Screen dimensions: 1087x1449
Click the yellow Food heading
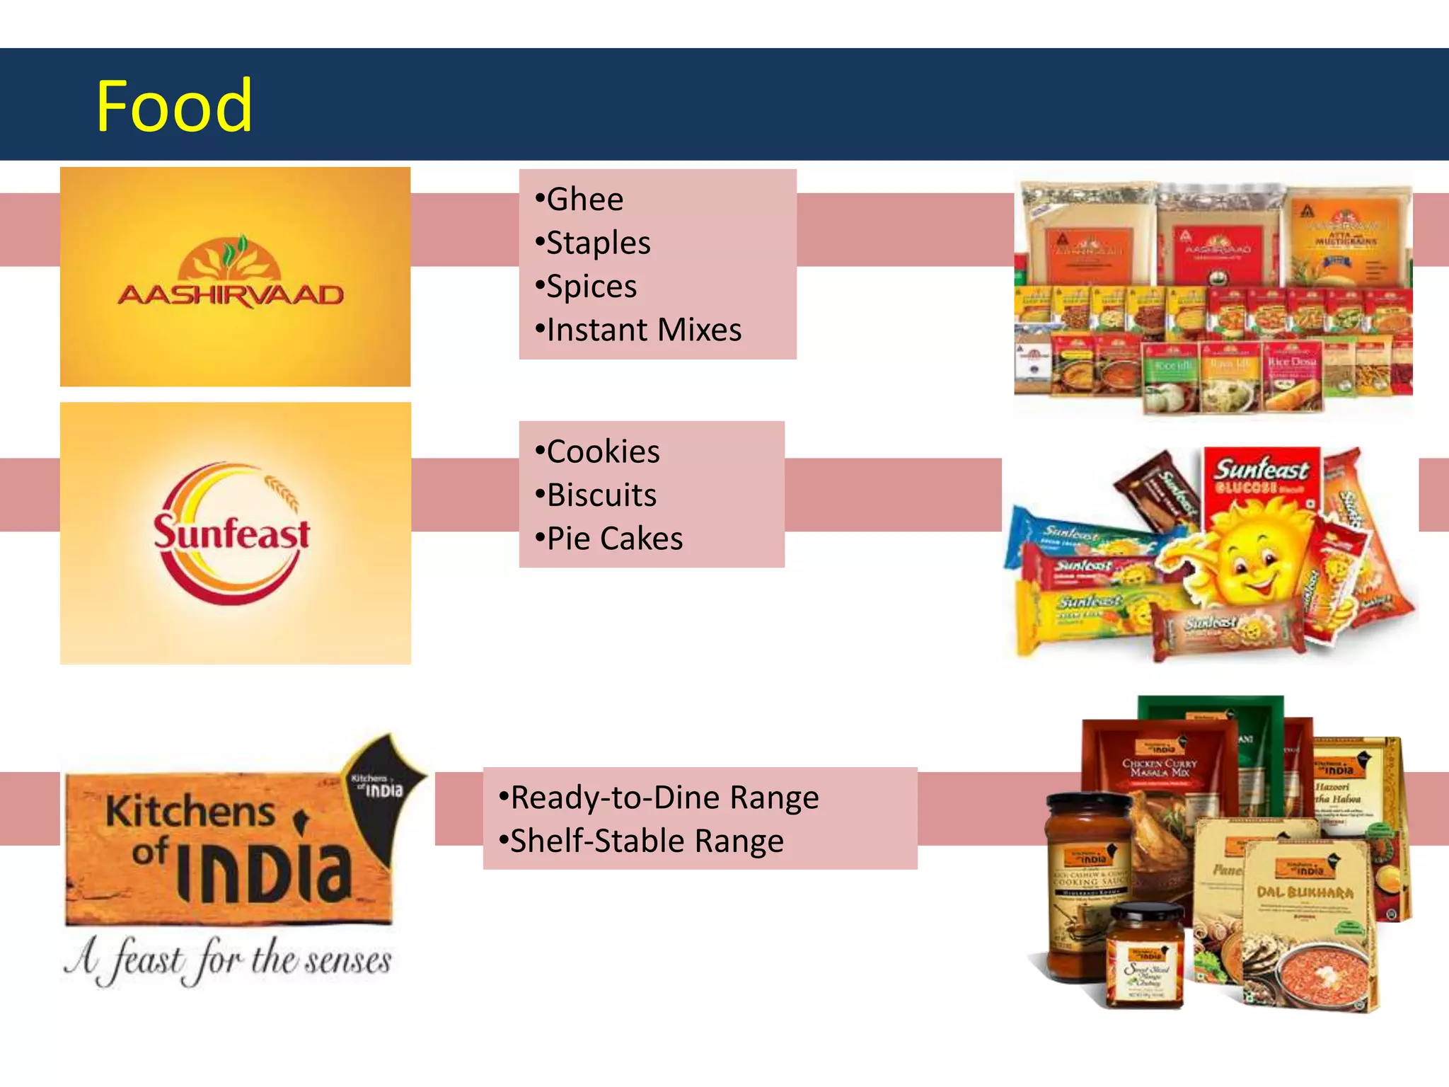(x=173, y=106)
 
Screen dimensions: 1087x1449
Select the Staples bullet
(x=593, y=243)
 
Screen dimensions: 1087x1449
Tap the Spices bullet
(x=587, y=287)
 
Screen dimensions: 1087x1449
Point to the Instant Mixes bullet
(x=639, y=330)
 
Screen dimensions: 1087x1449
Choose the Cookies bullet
(x=598, y=452)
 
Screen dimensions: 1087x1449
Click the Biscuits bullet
(x=596, y=495)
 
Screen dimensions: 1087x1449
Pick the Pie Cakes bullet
(x=609, y=539)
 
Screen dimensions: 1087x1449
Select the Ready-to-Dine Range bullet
(x=659, y=798)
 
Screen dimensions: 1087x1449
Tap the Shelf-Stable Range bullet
(x=641, y=841)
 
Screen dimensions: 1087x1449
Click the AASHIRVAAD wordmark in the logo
(x=231, y=295)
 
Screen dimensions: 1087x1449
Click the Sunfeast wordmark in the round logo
(x=232, y=534)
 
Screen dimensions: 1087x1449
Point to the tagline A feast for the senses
(x=228, y=960)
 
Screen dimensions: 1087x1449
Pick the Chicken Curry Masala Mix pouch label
(x=1160, y=768)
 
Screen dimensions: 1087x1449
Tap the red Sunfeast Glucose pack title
(x=1261, y=476)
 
